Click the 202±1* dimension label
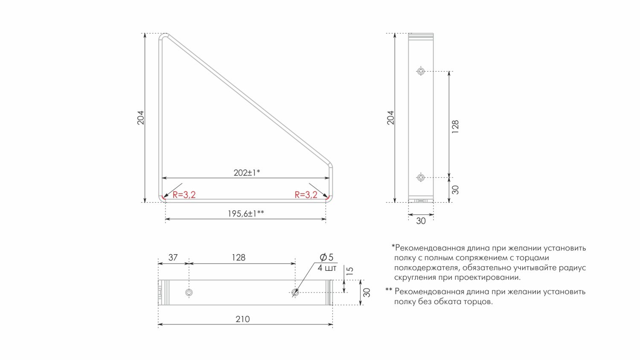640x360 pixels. [x=247, y=173]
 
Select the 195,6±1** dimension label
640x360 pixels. [x=245, y=214]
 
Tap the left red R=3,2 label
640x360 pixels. [x=184, y=195]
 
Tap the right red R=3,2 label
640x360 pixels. [x=306, y=195]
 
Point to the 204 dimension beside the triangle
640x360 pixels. [x=141, y=118]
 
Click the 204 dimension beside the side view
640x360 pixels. [x=391, y=118]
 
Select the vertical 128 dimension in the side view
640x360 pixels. [x=455, y=127]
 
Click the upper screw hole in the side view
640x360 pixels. [x=421, y=71]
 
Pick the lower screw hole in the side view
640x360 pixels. [x=421, y=177]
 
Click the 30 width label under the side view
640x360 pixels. [x=421, y=221]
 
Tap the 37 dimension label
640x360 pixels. [x=173, y=258]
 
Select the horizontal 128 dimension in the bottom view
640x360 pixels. [x=239, y=258]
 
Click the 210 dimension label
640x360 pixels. [x=243, y=319]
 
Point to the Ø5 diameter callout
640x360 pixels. [x=326, y=257]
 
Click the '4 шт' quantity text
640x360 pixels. [x=327, y=268]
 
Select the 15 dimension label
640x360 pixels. [x=350, y=271]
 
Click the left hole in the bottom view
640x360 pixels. [x=189, y=293]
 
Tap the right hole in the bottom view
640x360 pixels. [x=295, y=293]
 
